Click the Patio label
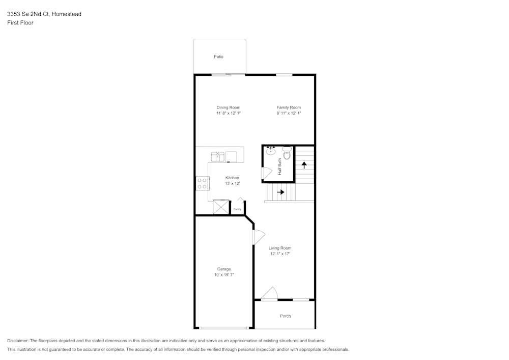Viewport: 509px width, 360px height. point(218,57)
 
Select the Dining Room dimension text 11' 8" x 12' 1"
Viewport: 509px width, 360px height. point(228,114)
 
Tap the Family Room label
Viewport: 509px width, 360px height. point(289,107)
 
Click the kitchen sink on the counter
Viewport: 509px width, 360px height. point(218,156)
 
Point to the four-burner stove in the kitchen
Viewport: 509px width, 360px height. point(202,183)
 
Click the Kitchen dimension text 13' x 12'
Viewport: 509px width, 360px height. point(232,183)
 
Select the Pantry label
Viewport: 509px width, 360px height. point(237,209)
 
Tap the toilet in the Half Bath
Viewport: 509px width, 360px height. point(287,153)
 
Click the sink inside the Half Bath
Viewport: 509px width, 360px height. point(271,151)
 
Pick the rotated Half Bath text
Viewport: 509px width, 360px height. point(279,167)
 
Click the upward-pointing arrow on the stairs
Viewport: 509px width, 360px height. point(304,164)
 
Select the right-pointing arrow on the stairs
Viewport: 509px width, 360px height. point(280,192)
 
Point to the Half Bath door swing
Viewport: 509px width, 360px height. point(266,173)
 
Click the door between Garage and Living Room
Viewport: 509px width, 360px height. point(258,237)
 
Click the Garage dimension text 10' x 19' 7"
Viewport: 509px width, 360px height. point(224,275)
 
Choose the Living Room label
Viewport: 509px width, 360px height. point(280,248)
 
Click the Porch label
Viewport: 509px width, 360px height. point(286,316)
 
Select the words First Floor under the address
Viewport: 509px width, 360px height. point(20,23)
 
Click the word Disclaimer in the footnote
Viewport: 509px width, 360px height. point(18,341)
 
